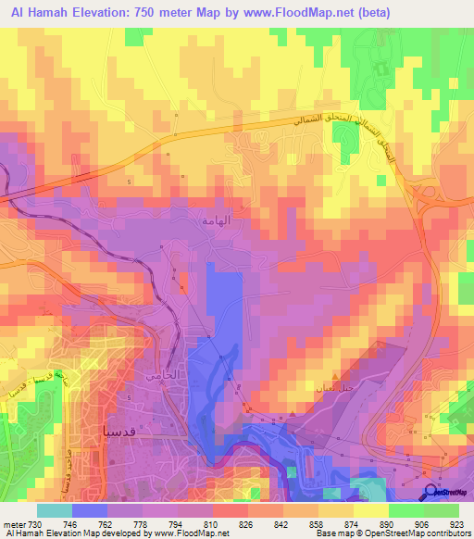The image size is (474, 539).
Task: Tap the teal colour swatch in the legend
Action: pyautogui.click(x=54, y=510)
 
